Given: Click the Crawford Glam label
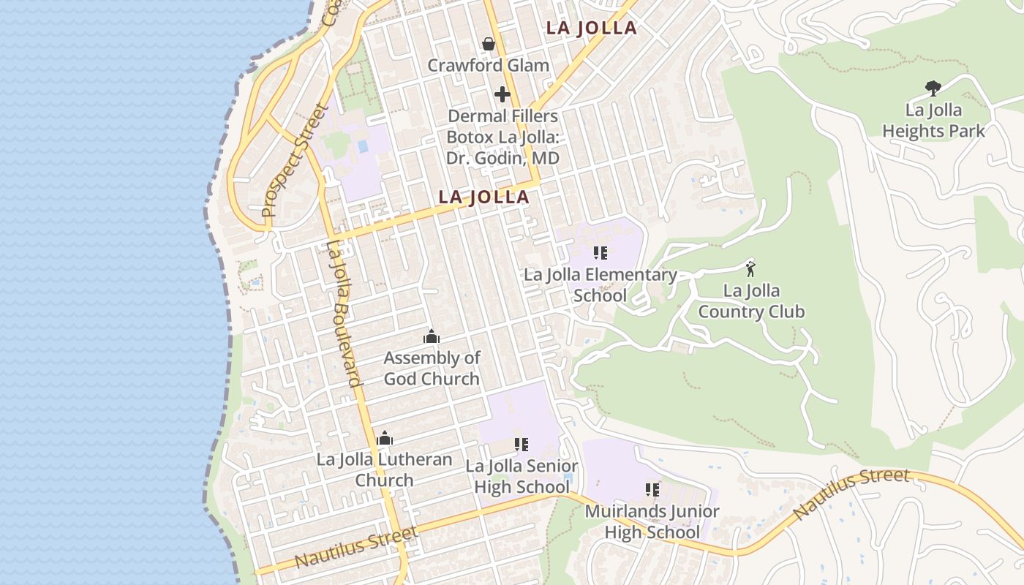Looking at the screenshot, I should click(488, 65).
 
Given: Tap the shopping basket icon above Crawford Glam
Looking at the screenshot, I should click(489, 45).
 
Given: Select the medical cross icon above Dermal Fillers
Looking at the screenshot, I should click(502, 94).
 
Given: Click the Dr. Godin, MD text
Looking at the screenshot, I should click(502, 158).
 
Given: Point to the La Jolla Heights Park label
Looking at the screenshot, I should click(933, 121).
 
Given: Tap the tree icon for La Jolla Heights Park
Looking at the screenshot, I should click(933, 88).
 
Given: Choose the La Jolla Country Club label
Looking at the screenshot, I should click(751, 301).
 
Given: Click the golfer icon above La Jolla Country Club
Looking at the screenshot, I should click(750, 268).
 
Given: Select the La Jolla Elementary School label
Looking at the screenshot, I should click(601, 285).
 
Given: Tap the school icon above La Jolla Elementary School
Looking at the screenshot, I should click(601, 253).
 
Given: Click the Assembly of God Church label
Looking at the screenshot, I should click(432, 368).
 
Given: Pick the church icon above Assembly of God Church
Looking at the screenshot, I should click(432, 337).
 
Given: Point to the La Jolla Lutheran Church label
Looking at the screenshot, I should click(385, 469).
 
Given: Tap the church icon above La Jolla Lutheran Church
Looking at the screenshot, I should click(385, 439).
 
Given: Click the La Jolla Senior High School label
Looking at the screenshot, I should click(522, 476).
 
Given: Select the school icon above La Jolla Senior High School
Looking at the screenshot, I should click(522, 445).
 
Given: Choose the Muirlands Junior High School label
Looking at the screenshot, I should click(652, 521).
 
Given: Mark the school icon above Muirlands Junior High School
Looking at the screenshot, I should click(652, 489).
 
